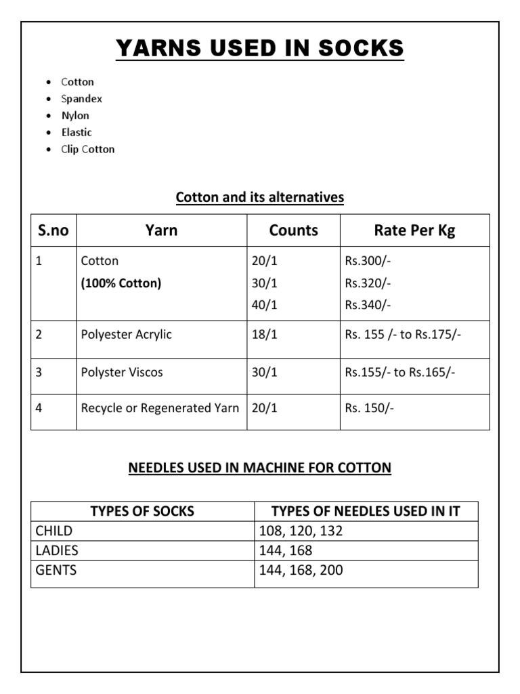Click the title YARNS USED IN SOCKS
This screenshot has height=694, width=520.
260,49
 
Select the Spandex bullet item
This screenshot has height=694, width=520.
81,99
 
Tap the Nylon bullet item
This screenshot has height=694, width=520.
75,116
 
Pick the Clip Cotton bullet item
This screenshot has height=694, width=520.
87,150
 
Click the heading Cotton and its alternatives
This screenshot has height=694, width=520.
260,197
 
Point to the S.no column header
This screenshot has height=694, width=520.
53,230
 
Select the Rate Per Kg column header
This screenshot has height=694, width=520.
414,230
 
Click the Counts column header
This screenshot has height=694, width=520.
293,230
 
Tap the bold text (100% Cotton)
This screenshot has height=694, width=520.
121,283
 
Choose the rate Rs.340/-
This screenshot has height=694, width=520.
368,305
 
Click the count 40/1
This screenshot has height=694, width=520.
264,305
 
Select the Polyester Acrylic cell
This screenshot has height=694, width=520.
127,335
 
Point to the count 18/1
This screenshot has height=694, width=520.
264,335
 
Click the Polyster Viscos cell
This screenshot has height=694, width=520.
122,372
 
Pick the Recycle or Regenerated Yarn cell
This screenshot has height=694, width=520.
160,408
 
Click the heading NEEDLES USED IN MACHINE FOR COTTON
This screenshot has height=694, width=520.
260,468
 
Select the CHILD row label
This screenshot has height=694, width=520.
54,531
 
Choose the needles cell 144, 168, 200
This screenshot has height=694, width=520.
301,571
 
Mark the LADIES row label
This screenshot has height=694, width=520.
57,550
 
